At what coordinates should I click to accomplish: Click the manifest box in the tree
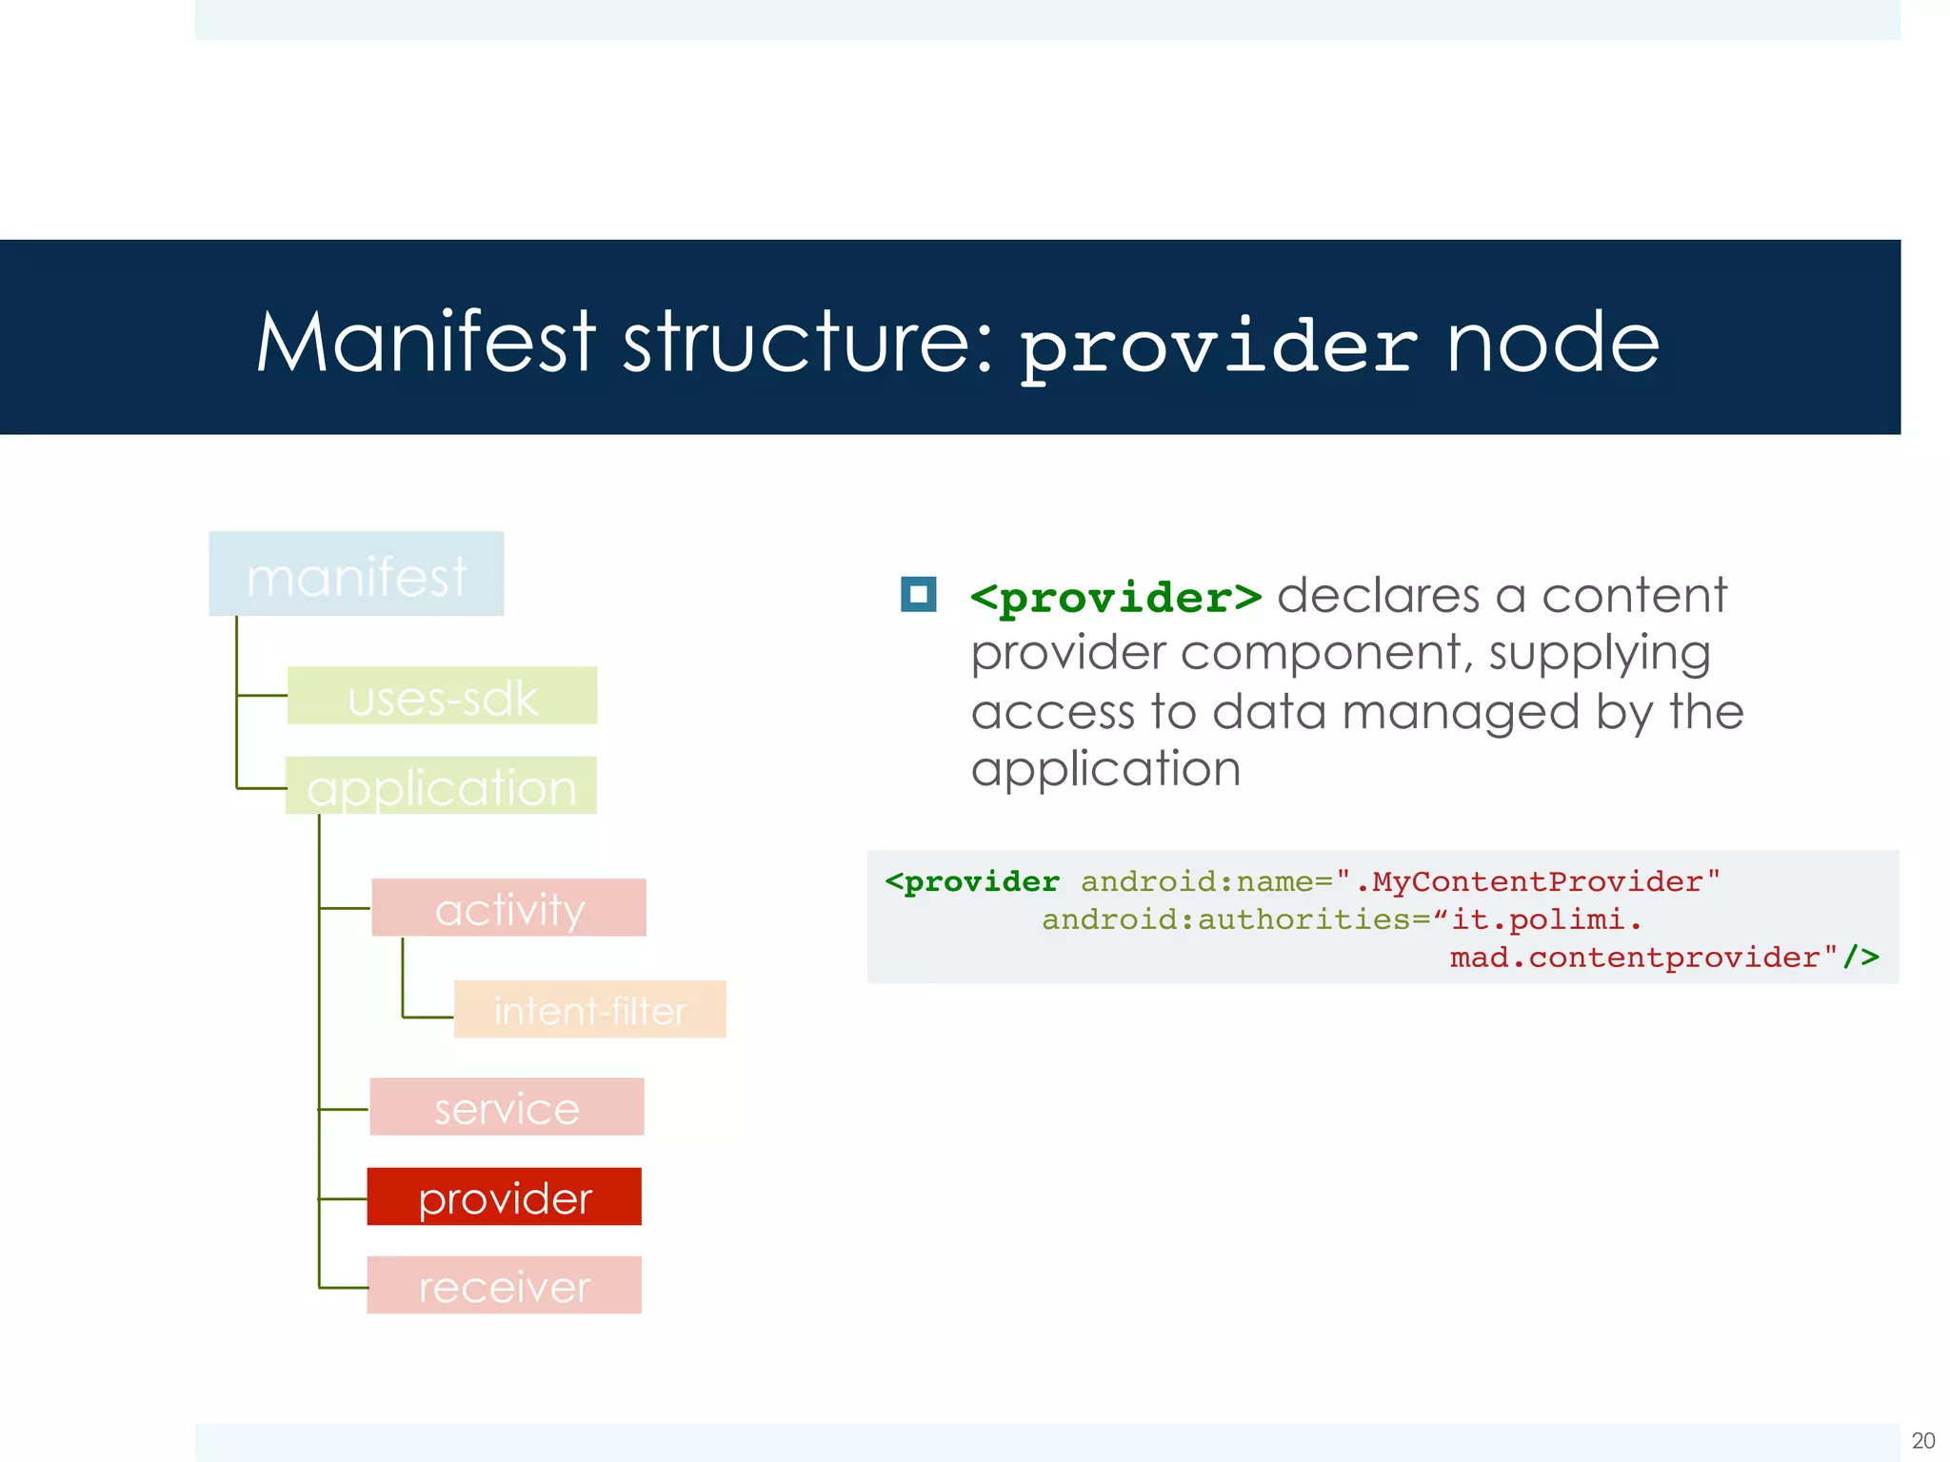(x=356, y=574)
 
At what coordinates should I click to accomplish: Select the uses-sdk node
(x=443, y=696)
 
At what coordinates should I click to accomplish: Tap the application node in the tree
(x=442, y=786)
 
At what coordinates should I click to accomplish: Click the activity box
(x=508, y=908)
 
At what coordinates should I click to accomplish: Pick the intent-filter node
(x=589, y=1010)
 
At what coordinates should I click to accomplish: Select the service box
(x=507, y=1107)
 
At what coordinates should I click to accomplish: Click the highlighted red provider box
(x=505, y=1196)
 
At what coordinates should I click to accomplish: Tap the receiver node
(x=504, y=1286)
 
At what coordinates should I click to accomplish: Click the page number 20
(x=1922, y=1440)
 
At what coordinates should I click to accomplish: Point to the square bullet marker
(x=918, y=595)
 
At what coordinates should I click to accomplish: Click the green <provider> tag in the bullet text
(x=1116, y=598)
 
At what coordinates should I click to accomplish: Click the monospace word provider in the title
(x=1219, y=346)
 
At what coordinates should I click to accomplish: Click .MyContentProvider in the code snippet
(x=1537, y=881)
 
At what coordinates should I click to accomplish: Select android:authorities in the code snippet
(x=1225, y=919)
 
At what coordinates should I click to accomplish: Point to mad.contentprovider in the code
(x=1634, y=957)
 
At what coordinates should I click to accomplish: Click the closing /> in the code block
(x=1861, y=957)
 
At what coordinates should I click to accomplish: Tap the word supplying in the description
(x=1600, y=655)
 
